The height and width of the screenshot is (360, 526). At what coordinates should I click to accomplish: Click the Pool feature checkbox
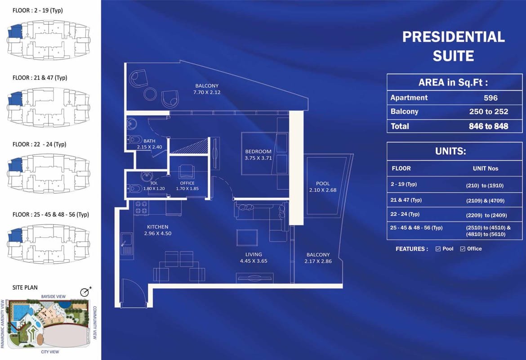[438, 249]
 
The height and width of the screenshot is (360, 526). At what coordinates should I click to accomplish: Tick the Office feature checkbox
[463, 249]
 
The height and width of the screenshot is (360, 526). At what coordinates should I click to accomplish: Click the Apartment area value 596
[490, 98]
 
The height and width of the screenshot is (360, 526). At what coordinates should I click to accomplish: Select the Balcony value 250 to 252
[488, 112]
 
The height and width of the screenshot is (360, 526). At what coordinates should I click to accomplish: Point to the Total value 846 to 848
[488, 126]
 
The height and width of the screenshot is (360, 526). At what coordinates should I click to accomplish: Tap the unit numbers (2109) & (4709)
[485, 201]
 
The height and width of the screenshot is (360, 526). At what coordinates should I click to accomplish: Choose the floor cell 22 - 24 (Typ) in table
[405, 214]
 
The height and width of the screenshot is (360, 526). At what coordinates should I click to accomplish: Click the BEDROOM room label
[258, 152]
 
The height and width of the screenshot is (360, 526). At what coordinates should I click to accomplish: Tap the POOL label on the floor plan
[323, 183]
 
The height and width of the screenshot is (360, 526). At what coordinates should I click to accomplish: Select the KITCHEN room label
[158, 227]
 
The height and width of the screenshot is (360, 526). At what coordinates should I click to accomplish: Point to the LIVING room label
[254, 254]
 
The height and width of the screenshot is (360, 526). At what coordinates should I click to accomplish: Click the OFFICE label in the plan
[187, 183]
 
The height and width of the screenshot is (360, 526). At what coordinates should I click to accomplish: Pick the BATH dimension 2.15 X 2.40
[149, 147]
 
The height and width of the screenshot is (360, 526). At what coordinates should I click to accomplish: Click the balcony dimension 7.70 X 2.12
[207, 92]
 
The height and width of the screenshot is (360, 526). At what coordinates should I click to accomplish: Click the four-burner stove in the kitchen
[141, 208]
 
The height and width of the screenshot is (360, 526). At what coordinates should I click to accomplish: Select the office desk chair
[187, 171]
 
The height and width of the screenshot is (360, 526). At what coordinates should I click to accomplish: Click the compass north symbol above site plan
[85, 292]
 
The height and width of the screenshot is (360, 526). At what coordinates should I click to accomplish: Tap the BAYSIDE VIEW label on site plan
[53, 297]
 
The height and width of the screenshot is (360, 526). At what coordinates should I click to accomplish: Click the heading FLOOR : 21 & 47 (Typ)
[40, 77]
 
